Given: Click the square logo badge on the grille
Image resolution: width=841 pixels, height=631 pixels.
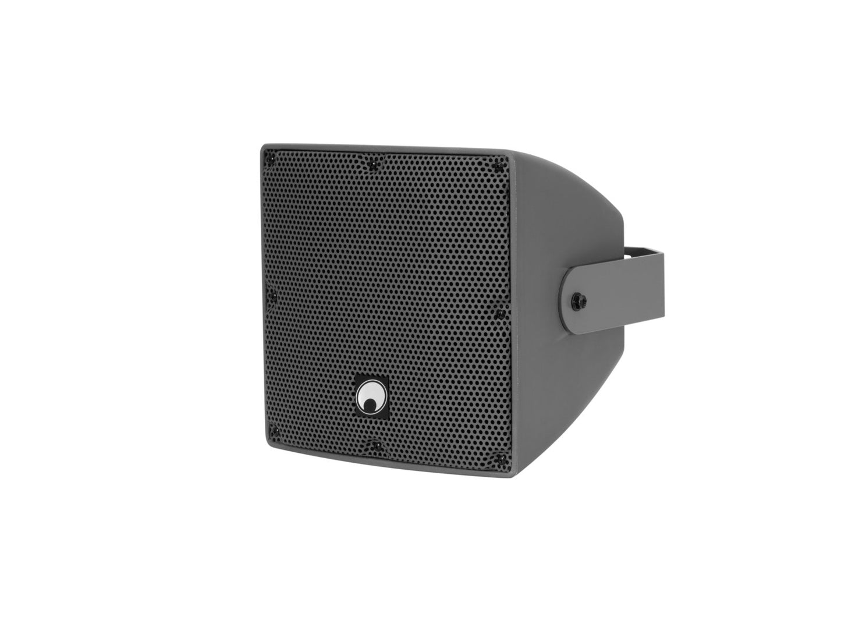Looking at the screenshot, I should (x=371, y=398).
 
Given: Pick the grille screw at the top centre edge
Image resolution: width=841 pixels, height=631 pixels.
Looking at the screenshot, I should (x=372, y=164).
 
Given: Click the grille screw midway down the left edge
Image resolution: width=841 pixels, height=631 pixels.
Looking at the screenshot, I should (x=271, y=296).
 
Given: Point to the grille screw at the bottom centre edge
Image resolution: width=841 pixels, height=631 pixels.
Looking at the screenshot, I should (x=372, y=445).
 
